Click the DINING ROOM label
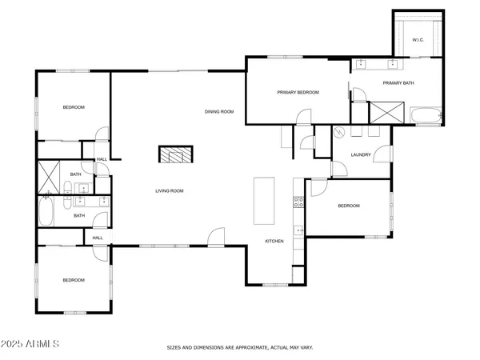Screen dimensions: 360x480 (218, 112)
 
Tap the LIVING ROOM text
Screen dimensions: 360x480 (170, 190)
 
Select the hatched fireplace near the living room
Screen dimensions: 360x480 (176, 155)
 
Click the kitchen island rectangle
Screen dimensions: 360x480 (263, 201)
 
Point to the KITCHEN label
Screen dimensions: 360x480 (275, 241)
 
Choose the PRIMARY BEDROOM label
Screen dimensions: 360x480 (298, 93)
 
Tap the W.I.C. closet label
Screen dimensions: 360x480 (418, 40)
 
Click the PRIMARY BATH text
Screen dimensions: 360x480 (397, 83)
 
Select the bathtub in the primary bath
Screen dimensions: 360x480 (426, 118)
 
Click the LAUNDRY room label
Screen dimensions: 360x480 (360, 154)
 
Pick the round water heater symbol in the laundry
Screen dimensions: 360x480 (339, 133)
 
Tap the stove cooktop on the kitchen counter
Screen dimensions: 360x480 (298, 202)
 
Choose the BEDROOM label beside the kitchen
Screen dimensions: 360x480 (349, 206)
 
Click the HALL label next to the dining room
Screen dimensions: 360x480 (102, 159)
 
